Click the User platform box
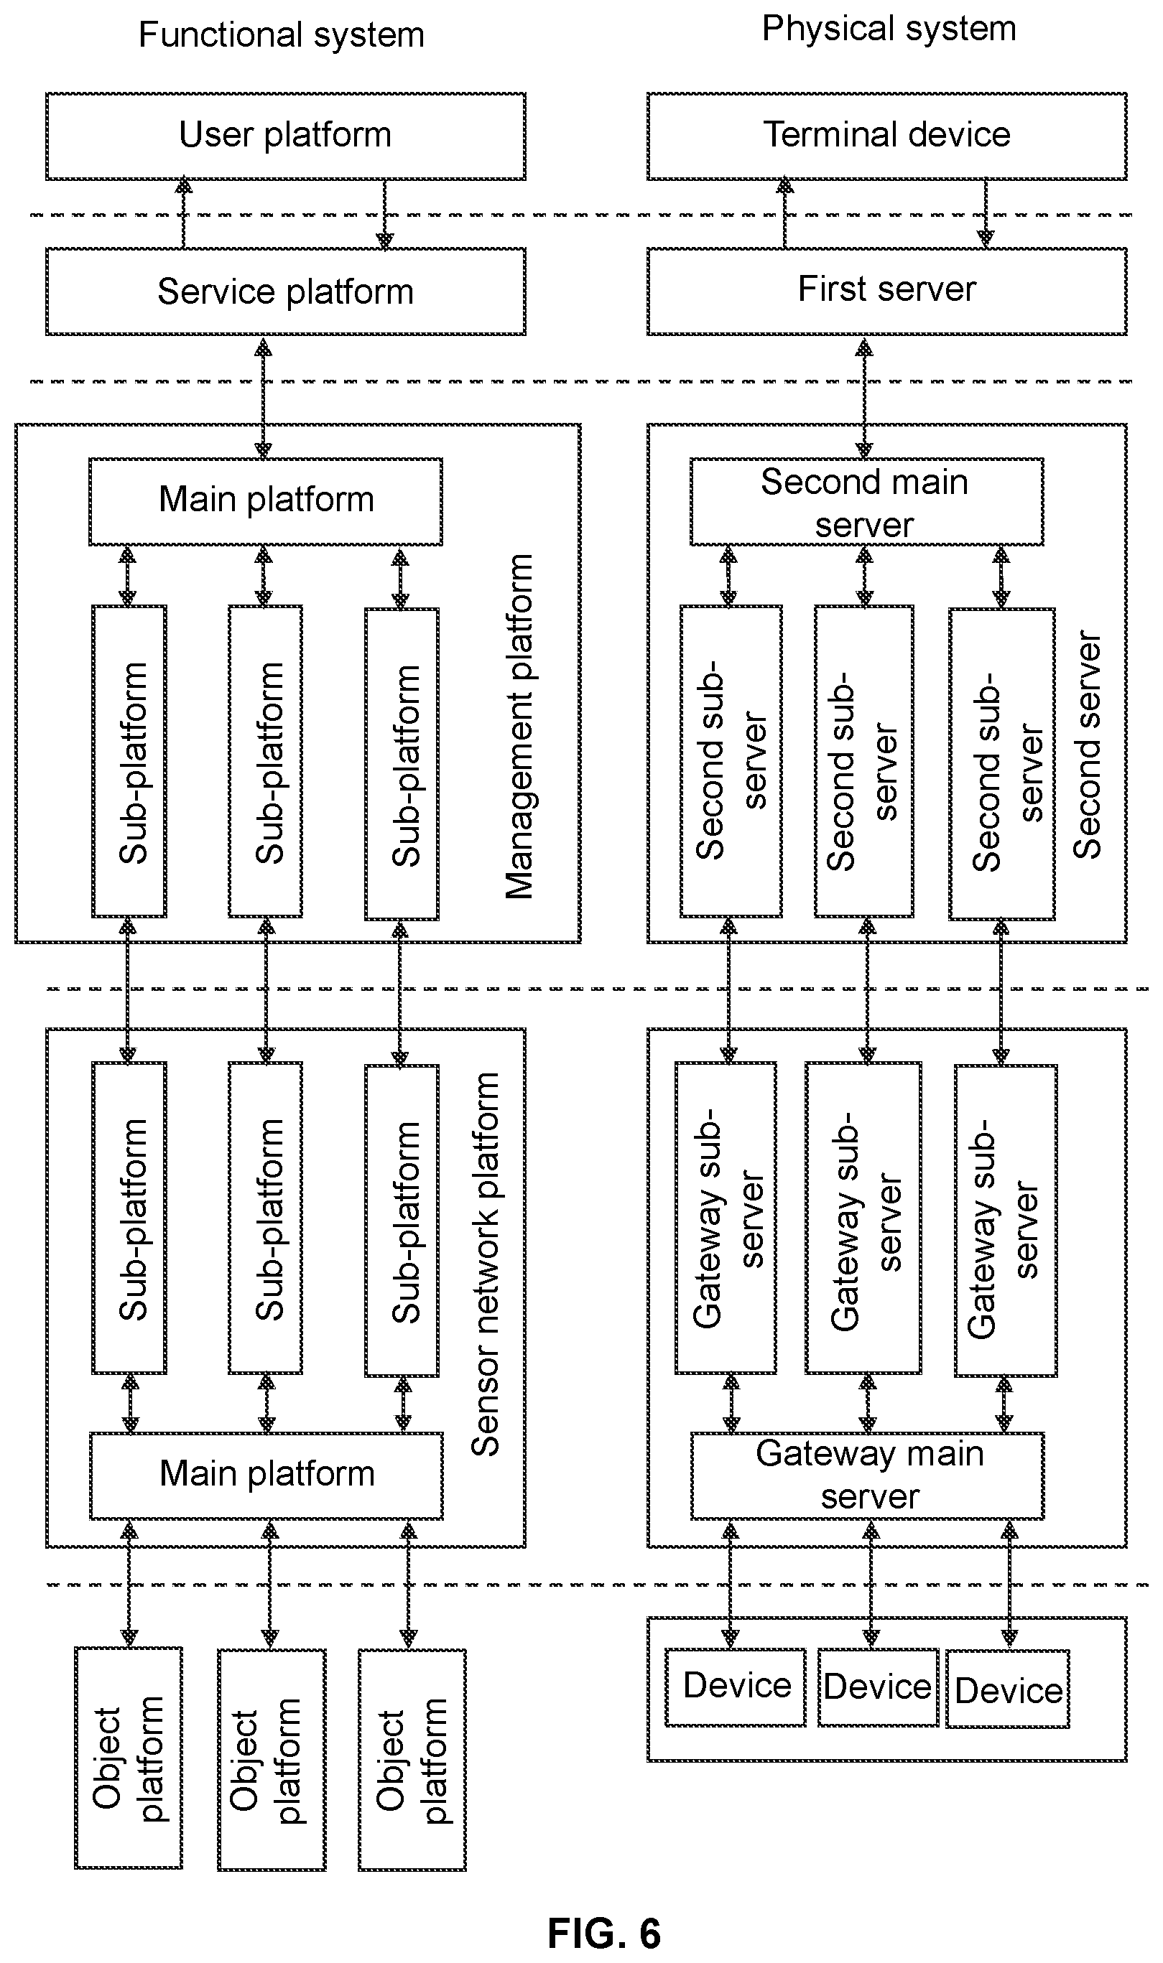click(x=285, y=136)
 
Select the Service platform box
click(x=285, y=292)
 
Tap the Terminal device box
click(x=886, y=136)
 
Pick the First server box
click(x=886, y=292)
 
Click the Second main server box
click(x=867, y=501)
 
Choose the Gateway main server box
click(x=868, y=1475)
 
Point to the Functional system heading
click(x=282, y=34)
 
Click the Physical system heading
click(x=889, y=28)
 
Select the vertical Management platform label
click(x=519, y=726)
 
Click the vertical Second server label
click(x=1087, y=744)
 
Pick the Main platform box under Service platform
click(x=266, y=501)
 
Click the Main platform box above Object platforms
click(x=267, y=1475)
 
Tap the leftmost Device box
click(x=735, y=1687)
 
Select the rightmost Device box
click(x=1008, y=1689)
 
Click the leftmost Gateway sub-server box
click(x=726, y=1218)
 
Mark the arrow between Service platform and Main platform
click(x=264, y=398)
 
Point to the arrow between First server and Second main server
click(x=864, y=398)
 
